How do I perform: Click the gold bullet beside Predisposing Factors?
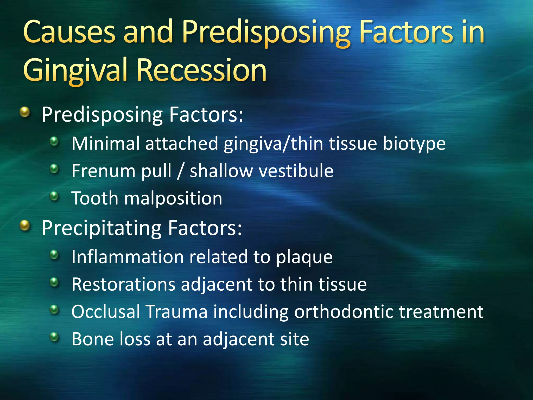coord(25,113)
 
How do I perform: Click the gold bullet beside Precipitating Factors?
coord(25,226)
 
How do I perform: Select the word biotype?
coord(414,144)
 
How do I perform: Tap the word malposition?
coord(173,198)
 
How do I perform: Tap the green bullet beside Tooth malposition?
coord(54,196)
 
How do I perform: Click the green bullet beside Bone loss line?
coord(54,337)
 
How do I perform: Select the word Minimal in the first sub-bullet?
coord(105,143)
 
